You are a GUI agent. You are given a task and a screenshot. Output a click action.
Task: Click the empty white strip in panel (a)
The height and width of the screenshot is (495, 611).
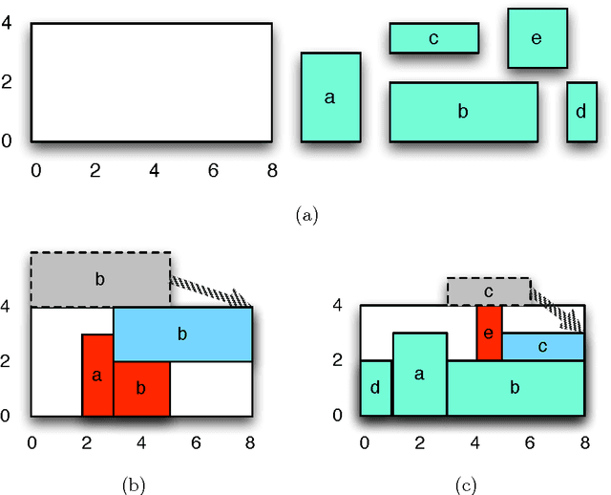point(151,82)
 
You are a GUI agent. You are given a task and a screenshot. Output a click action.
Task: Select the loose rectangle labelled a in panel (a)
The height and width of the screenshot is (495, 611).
point(331,97)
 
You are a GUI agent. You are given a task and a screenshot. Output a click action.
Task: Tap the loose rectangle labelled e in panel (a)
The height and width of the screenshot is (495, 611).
point(537,38)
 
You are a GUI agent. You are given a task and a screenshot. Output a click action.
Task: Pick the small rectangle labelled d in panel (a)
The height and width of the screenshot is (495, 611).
point(581,112)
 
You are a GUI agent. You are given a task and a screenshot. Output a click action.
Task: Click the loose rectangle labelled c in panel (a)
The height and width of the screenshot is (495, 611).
point(433,38)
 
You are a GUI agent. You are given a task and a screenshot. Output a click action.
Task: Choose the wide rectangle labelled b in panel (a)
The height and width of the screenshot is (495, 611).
point(463,112)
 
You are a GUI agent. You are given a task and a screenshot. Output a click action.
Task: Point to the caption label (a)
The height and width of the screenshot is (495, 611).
point(305,216)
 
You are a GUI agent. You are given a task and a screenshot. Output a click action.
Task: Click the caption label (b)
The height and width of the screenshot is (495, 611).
point(133,485)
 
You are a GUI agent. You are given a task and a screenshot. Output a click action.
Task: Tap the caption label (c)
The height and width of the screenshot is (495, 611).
point(467,485)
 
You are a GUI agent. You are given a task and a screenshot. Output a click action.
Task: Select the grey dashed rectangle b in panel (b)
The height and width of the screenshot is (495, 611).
point(100,279)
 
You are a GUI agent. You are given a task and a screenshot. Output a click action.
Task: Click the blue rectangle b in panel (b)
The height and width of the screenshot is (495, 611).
point(182,334)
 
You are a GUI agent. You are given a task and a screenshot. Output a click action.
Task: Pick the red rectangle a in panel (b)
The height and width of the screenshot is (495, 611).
point(97,376)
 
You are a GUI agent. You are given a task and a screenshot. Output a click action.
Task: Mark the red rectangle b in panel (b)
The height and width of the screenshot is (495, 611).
point(141,389)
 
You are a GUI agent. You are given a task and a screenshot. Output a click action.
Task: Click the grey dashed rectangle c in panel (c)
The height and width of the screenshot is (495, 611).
point(488,291)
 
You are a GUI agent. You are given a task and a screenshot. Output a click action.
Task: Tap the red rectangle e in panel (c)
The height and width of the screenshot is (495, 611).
point(489,334)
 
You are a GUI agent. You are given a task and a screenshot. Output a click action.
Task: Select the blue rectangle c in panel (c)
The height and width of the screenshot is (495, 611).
point(542,347)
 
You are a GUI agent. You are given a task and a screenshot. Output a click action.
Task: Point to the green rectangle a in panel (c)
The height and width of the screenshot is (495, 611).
point(419,375)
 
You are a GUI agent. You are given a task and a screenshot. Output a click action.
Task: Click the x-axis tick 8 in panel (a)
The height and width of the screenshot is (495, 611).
point(272,170)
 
